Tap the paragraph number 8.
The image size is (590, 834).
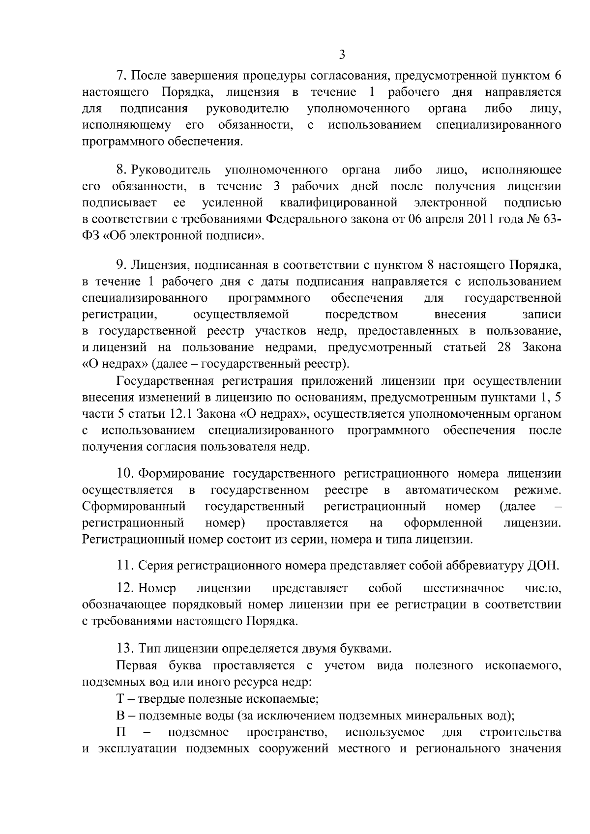(x=122, y=170)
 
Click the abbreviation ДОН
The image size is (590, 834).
(x=544, y=565)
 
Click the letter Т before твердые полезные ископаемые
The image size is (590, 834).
(x=120, y=698)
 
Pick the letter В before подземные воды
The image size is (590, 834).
(x=120, y=715)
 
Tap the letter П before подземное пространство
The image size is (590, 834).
(x=121, y=732)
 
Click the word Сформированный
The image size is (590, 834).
(x=134, y=506)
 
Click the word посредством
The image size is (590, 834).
(x=361, y=315)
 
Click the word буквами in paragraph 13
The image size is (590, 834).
(x=369, y=649)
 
